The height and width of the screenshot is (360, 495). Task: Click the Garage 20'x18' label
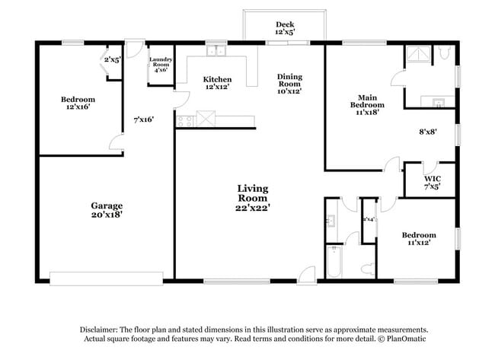pyautogui.click(x=107, y=210)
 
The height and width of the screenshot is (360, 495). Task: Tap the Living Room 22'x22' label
pyautogui.click(x=252, y=196)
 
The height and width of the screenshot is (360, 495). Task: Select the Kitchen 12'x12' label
pyautogui.click(x=217, y=84)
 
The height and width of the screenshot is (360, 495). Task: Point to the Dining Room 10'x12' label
pyautogui.click(x=289, y=84)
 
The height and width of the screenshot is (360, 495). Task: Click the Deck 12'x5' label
pyautogui.click(x=285, y=29)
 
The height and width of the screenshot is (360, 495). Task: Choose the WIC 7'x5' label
pyautogui.click(x=432, y=182)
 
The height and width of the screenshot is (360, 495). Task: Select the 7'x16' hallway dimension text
pyautogui.click(x=143, y=119)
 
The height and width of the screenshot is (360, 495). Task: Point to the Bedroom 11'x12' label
pyautogui.click(x=419, y=239)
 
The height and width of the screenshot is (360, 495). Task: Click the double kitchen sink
pyautogui.click(x=218, y=51)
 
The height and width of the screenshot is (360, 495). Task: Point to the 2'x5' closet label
pyautogui.click(x=113, y=59)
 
